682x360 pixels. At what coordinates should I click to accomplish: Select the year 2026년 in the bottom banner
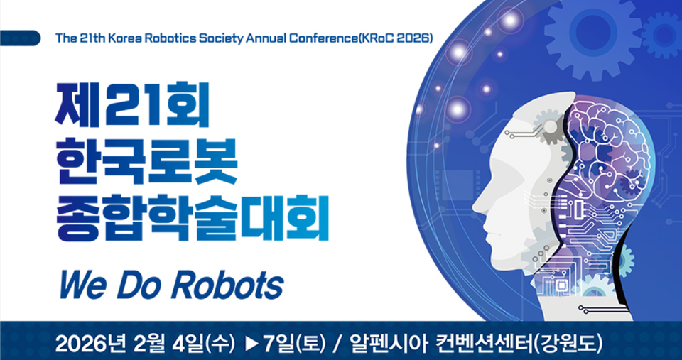pos(85,344)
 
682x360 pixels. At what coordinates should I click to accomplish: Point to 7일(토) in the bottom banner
pos(293,344)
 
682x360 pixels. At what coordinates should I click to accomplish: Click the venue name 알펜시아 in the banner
pos(391,344)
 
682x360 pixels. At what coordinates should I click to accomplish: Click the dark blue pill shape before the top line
pos(21,38)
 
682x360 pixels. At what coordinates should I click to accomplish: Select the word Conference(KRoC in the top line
pos(324,38)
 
